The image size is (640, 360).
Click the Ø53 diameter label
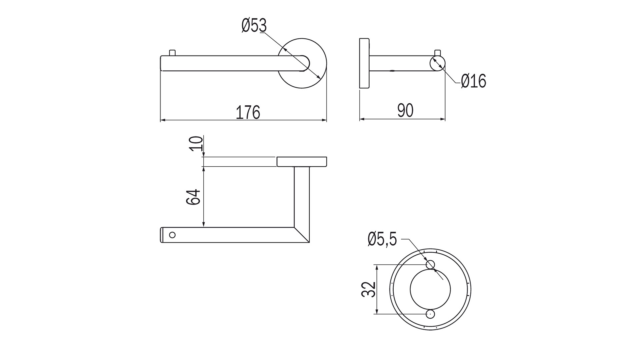click(254, 26)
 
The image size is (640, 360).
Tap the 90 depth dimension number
click(405, 111)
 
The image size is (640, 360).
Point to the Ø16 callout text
click(473, 81)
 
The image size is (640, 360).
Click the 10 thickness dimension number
click(197, 143)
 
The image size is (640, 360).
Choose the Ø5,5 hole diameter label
click(382, 239)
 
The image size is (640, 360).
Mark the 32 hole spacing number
click(369, 289)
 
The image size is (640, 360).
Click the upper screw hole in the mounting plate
click(430, 265)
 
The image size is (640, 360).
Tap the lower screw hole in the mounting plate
click(430, 314)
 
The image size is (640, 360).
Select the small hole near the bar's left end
click(172, 235)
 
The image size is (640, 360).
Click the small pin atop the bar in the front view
click(172, 53)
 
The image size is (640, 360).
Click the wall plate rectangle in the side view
click(364, 63)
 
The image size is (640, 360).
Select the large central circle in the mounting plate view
click(430, 289)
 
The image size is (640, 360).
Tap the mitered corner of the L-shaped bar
click(302, 234)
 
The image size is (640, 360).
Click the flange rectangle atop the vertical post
click(302, 161)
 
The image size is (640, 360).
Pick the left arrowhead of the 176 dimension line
click(162, 120)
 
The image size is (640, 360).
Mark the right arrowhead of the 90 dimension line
click(443, 119)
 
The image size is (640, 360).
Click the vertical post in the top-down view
click(302, 197)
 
